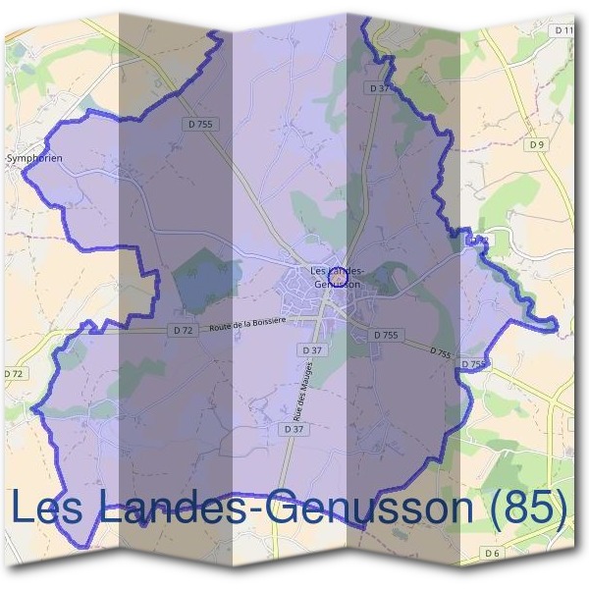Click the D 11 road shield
click(563, 31)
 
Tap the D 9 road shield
click(536, 144)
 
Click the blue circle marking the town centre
click(337, 279)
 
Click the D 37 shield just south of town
click(312, 349)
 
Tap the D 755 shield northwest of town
click(198, 124)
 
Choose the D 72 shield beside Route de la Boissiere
click(183, 331)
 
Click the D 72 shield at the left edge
click(14, 374)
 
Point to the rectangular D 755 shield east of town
click(387, 335)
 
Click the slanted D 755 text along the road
click(440, 352)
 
